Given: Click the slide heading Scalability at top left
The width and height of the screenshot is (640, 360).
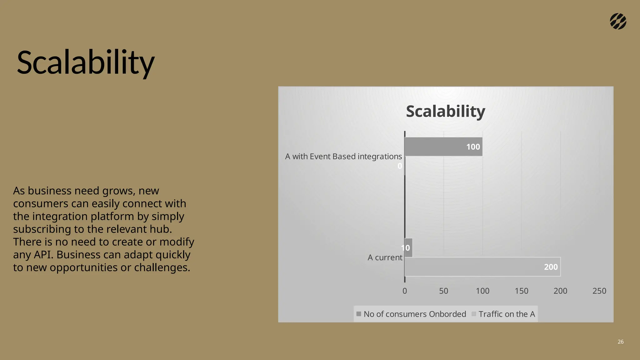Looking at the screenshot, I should point(85,62).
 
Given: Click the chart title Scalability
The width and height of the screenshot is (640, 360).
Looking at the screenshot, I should point(445,111).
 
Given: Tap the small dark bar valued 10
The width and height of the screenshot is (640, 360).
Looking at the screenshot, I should point(409,248).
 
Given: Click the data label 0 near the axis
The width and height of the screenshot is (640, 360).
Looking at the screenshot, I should point(399,166).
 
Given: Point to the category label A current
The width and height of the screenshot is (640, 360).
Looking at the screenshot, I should point(385,257).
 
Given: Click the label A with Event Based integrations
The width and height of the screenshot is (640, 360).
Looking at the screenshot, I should point(343,156).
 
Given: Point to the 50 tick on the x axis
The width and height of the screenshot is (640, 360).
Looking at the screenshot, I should point(443,291).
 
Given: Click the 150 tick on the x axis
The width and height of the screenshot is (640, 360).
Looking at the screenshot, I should point(521,291).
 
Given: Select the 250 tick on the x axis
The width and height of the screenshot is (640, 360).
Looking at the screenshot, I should point(599,291).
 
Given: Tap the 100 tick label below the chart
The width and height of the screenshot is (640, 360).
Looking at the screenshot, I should point(482,291).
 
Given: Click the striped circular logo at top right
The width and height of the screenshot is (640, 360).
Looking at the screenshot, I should point(618,22).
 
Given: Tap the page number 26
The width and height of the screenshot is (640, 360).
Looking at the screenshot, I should point(621,342).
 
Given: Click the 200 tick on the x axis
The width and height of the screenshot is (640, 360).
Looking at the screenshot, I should point(560,291).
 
